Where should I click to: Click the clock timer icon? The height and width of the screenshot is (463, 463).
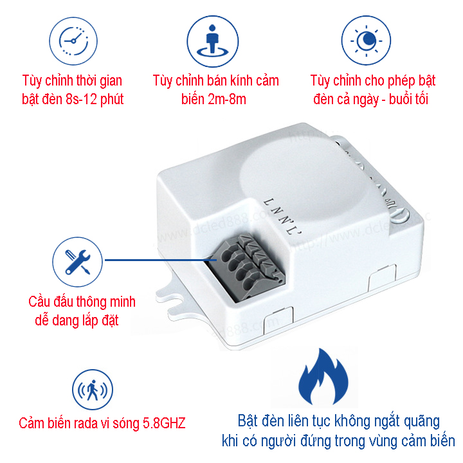(72, 40)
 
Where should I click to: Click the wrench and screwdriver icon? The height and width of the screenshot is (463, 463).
(72, 260)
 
